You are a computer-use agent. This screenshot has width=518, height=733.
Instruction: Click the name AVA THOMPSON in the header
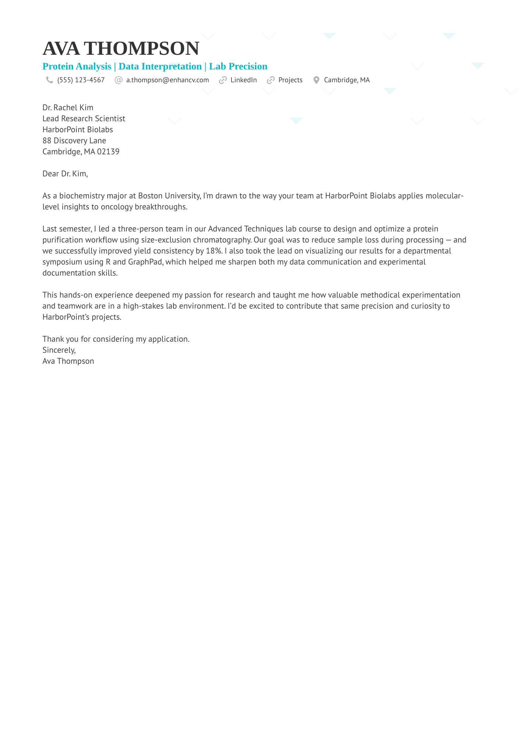(x=121, y=48)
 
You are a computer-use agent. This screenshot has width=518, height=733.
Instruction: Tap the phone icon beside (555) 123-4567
(x=50, y=80)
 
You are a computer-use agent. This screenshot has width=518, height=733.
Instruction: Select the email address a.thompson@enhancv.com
(x=168, y=80)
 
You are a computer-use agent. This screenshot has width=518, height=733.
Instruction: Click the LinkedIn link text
(x=244, y=80)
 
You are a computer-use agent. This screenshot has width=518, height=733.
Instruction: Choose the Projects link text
(x=290, y=80)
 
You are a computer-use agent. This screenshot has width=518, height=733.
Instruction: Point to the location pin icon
(x=316, y=80)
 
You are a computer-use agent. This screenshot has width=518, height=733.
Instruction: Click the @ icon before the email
(x=119, y=80)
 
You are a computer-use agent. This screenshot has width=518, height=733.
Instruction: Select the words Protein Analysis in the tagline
(x=77, y=67)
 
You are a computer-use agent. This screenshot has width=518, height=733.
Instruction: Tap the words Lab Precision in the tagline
(x=238, y=67)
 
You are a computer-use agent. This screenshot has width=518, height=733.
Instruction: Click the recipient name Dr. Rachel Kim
(x=68, y=108)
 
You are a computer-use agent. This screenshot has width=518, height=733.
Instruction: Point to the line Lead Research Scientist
(x=84, y=119)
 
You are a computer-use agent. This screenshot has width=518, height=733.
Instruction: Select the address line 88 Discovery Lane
(x=74, y=141)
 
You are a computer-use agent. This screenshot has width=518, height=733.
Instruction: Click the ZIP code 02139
(x=108, y=152)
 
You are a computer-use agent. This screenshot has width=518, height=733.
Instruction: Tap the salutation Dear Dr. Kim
(x=65, y=174)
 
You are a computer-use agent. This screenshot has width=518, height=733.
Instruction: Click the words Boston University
(x=169, y=196)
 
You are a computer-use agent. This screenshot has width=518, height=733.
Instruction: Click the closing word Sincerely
(x=59, y=350)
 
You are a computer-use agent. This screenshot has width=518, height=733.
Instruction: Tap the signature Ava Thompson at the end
(x=68, y=361)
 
